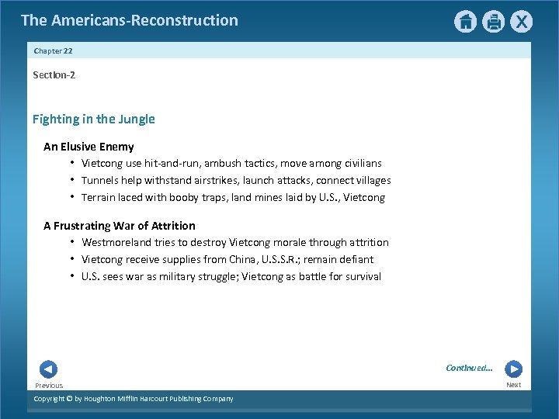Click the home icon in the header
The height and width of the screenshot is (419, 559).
[x=465, y=22]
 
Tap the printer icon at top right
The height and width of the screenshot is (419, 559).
[x=493, y=22]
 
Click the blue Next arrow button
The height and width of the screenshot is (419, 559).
[x=513, y=369]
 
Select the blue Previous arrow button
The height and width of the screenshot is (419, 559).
[x=48, y=369]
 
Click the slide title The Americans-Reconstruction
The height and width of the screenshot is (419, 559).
[x=130, y=20]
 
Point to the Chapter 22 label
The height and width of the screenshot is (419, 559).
[x=53, y=50]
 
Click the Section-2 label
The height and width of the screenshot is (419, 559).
[x=54, y=75]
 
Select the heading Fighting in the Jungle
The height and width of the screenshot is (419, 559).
[x=93, y=119]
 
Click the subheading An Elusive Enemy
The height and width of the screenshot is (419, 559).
[x=89, y=147]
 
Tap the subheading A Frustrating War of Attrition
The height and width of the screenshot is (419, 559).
[x=120, y=226]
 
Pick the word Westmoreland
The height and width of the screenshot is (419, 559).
[x=116, y=243]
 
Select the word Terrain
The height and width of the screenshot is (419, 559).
[x=99, y=198]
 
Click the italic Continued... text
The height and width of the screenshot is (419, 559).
[x=469, y=368]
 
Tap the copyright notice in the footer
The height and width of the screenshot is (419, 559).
[x=133, y=399]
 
